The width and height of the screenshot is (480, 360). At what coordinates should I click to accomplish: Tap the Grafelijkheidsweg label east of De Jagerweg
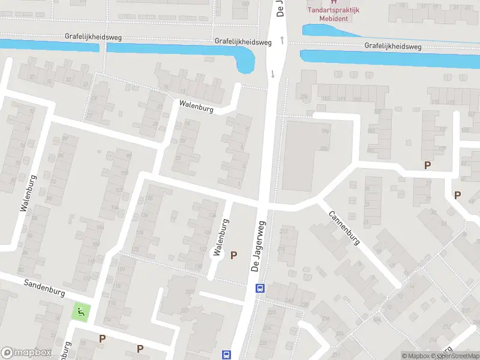pos(393,46)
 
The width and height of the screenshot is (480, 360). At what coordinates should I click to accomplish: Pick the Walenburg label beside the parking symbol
pos(221,238)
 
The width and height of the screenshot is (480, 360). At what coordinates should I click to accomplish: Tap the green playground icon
pos(80,312)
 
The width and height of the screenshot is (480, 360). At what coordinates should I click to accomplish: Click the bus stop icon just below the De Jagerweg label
pos(260,288)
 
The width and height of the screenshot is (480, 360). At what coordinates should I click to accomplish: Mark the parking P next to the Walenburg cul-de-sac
pos(233,255)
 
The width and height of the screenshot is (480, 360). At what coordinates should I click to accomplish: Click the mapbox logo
pos(26,353)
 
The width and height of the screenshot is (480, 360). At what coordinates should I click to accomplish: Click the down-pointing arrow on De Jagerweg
pos(274,74)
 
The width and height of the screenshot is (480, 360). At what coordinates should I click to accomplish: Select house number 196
pos(325,131)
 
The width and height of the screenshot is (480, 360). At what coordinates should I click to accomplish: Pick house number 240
pos(289,301)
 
